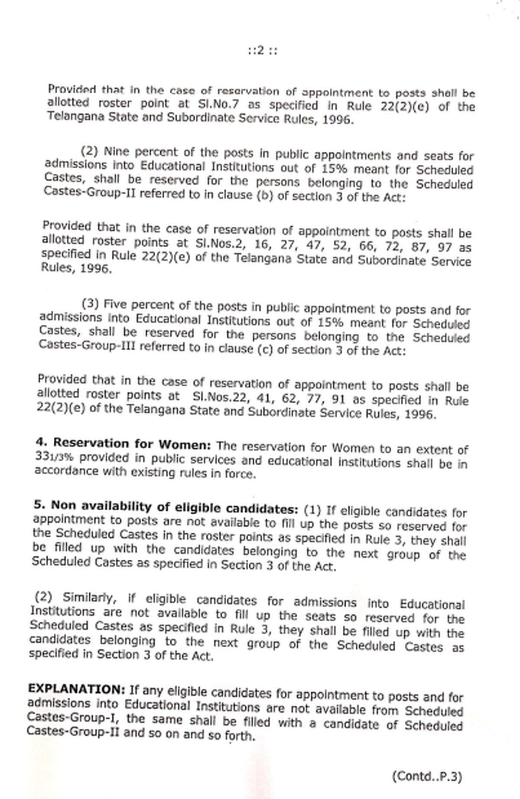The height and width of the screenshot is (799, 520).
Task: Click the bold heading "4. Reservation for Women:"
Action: coord(123,444)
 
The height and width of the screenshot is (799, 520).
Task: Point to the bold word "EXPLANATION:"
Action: coord(76,689)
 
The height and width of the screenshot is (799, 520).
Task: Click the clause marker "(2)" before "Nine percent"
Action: coord(90,151)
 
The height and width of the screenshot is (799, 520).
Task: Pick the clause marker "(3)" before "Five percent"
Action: coord(91,303)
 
